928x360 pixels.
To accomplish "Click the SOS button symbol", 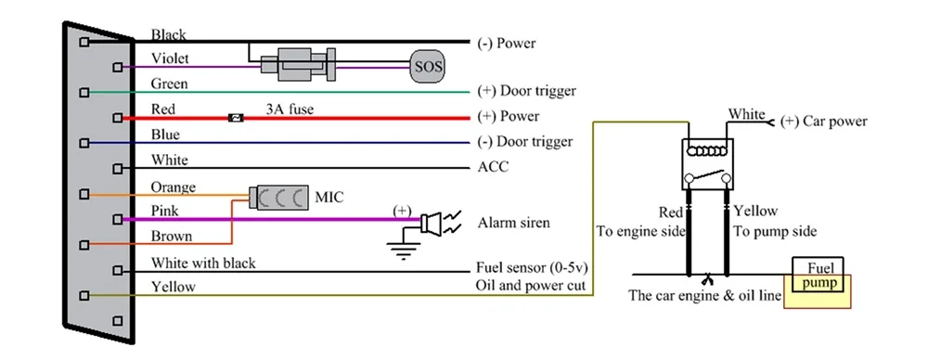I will pos(427,67).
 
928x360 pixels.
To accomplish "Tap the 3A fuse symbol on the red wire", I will pos(238,118).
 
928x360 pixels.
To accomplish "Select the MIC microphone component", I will pos(278,198).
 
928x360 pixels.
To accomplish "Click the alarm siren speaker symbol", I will pos(432,223).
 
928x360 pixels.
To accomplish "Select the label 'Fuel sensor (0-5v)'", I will pos(532,267).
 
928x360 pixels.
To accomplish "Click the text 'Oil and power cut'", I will pos(530,286).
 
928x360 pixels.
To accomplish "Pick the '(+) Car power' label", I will pos(824,121).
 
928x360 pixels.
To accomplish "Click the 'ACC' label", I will pos(492,168).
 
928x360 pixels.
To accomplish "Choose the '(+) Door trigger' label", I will pos(526,91).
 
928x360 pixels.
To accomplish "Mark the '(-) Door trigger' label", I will pos(524,142).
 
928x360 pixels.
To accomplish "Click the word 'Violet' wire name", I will pos(172,59).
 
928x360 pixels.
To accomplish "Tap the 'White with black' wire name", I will pos(203,263).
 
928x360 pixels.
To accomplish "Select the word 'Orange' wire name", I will pos(174,186).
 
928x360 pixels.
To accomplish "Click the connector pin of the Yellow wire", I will pos(84,295).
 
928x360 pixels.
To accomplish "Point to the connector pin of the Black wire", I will pos(84,42).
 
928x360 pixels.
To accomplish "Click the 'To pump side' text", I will pos(775,231).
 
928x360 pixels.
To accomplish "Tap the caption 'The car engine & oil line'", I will pos(705,296).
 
